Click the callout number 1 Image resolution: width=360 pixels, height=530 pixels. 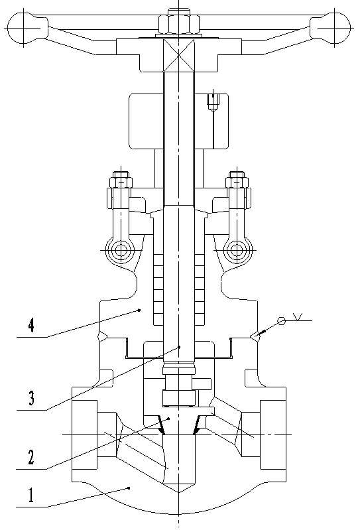31,496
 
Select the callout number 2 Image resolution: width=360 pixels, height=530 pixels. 30,457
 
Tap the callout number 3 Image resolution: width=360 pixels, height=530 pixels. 31,398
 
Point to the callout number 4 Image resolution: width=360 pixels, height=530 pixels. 31,325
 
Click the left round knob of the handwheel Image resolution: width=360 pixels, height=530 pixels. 23,28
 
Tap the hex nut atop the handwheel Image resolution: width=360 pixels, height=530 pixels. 178,24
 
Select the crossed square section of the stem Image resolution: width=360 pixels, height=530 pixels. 178,56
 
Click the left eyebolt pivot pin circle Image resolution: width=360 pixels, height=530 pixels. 120,251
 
